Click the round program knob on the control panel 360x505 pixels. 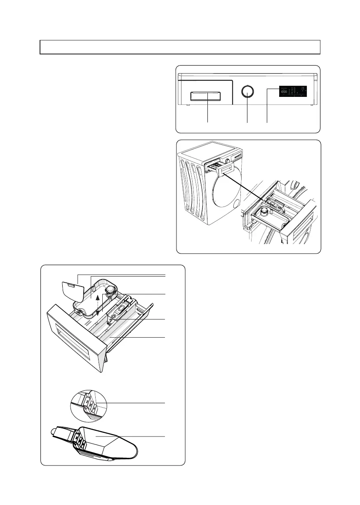[247, 91]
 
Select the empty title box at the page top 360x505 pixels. [180, 47]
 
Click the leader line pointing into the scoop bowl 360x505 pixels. [132, 436]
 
